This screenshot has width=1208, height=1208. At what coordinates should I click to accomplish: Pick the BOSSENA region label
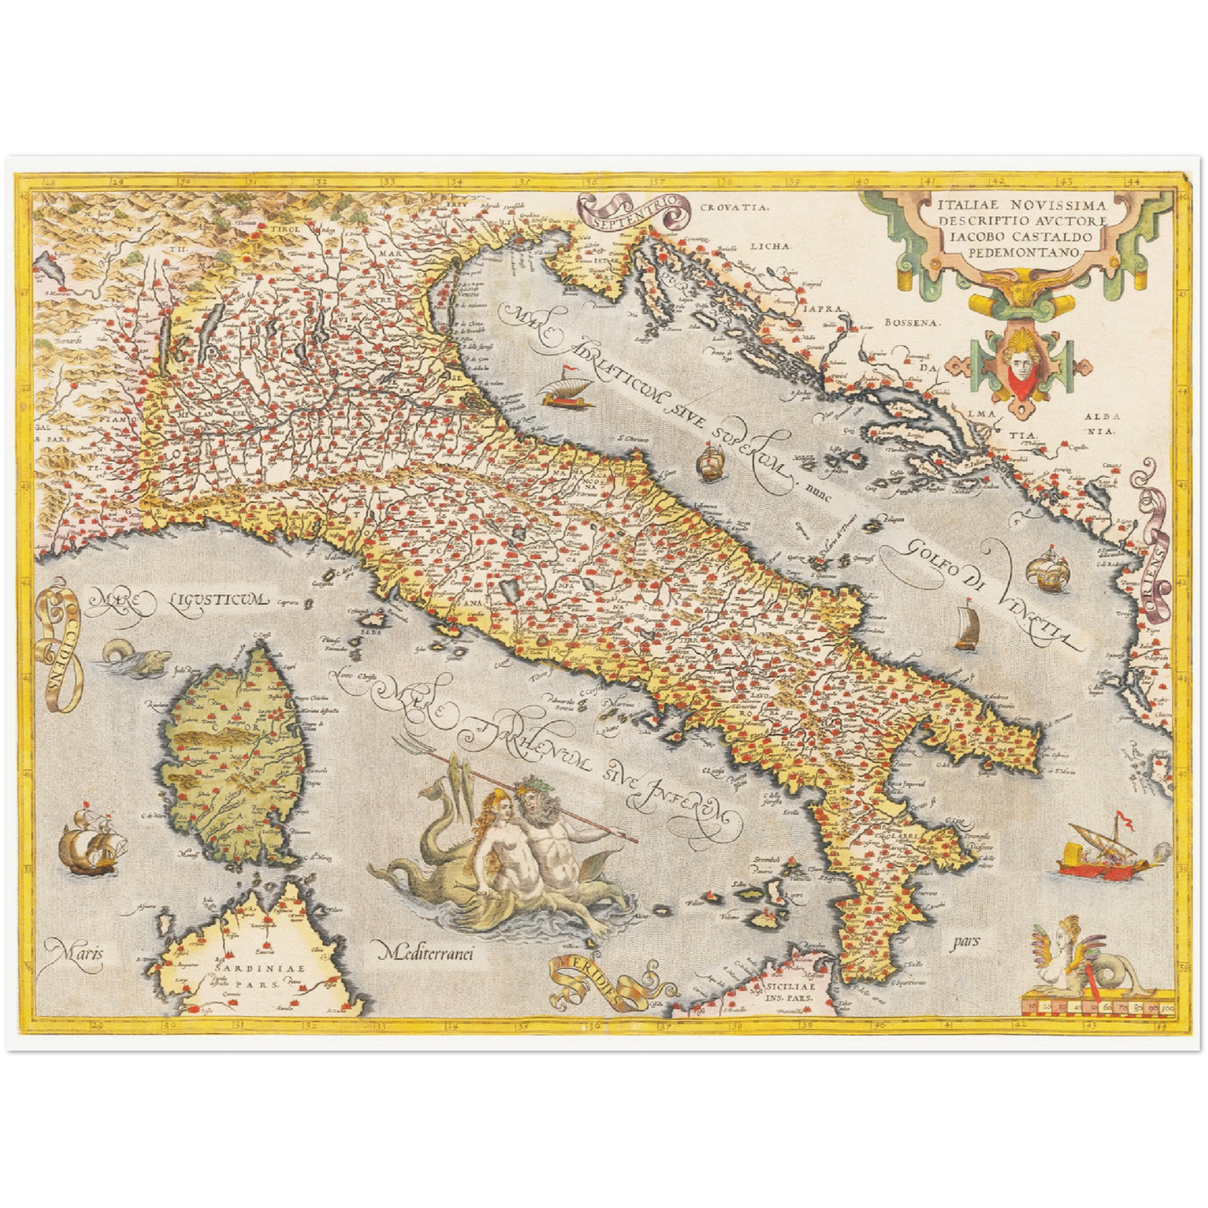[910, 322]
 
